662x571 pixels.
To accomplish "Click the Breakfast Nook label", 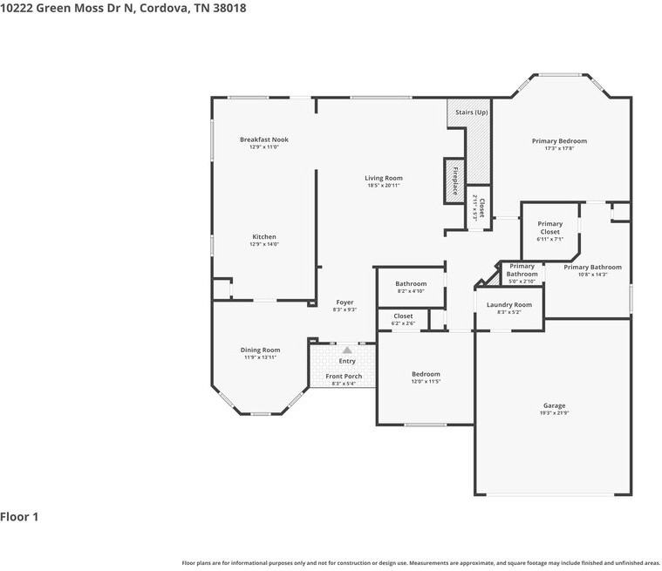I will tap(263, 139).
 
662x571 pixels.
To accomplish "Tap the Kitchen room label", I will tap(263, 237).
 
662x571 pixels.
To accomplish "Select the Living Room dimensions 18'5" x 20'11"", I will tap(384, 186).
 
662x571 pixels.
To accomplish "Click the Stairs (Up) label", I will tap(472, 112).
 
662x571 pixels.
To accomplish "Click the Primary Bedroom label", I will tap(559, 140).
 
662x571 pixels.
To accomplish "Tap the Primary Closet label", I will tap(549, 228).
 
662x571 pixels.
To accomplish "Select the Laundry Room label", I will tap(508, 305).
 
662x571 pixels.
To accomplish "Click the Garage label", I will tap(554, 405).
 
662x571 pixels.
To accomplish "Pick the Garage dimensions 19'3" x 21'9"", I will tap(554, 413).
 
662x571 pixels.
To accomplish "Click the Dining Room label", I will tap(260, 350).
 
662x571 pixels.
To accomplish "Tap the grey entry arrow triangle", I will tap(347, 350).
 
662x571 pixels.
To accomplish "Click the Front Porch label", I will tap(344, 377).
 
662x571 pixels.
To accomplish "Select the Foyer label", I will tap(345, 302).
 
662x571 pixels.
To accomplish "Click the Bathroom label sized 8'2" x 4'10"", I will tap(411, 283).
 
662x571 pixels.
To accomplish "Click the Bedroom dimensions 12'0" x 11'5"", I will tap(426, 382).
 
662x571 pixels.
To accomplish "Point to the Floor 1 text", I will tap(19, 517).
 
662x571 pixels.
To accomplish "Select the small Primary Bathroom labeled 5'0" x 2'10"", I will tap(522, 270).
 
